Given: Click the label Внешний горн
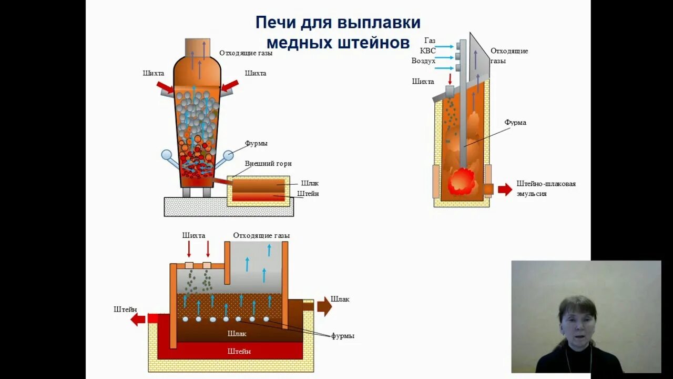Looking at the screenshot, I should coord(268,164).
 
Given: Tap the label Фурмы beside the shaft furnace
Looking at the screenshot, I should coord(256,143).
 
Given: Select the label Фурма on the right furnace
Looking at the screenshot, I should coord(515,123).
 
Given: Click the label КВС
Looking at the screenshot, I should coord(427,51).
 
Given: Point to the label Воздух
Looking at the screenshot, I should coord(423,61).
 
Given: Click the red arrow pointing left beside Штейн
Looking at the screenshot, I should coord(138,319).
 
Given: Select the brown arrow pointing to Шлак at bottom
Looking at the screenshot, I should coord(324,306).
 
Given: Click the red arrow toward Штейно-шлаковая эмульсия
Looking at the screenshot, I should coord(505,189).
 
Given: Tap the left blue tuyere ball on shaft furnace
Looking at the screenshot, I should coord(167,155).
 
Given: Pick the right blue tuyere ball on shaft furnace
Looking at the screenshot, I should coord(228,155).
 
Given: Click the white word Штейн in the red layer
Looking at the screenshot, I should coord(239,351).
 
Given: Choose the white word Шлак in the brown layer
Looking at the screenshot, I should coord(237,333).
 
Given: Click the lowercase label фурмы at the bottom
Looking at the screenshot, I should coord(342,336).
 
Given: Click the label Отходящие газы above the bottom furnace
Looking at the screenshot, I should coord(261,235).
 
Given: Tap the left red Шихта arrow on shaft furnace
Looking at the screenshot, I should coord(165,87).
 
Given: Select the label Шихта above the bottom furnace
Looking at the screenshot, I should coord(193,235).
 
